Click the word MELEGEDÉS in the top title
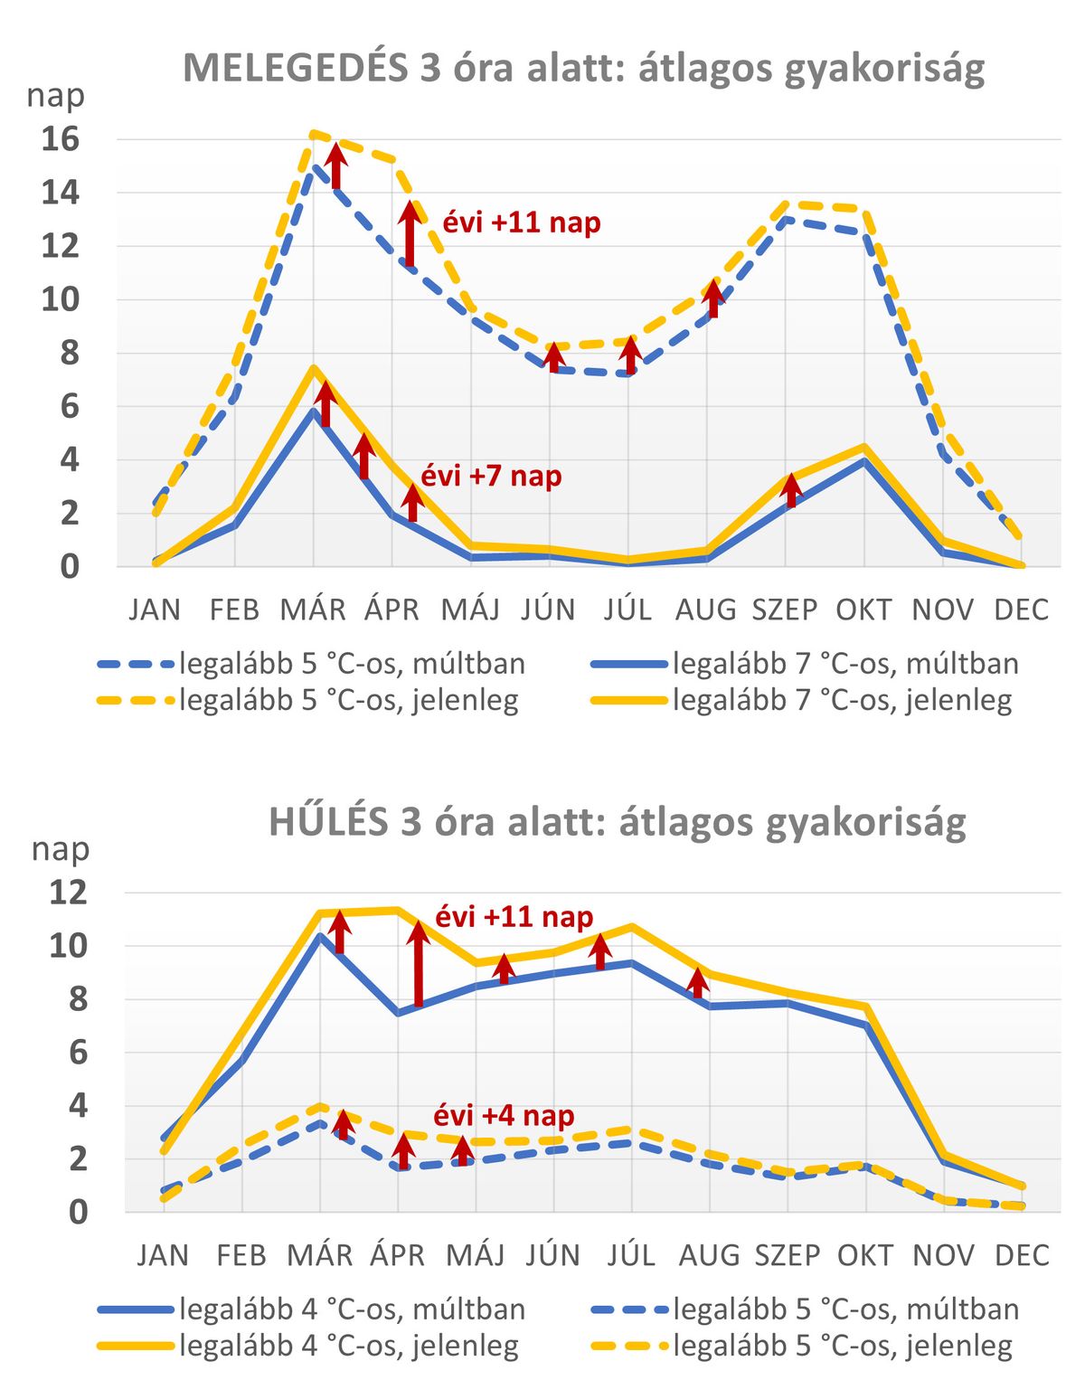(x=296, y=69)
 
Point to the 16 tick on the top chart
(x=61, y=139)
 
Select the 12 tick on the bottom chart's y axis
(x=68, y=893)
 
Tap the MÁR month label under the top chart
(x=313, y=610)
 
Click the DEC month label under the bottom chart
(x=1021, y=1255)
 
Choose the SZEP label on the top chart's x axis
(x=784, y=610)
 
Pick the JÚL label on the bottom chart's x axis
(x=631, y=1255)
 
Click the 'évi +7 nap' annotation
(x=491, y=477)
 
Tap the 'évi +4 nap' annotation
(x=504, y=1116)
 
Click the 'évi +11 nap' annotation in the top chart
(x=522, y=223)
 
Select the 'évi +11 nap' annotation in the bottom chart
(x=514, y=917)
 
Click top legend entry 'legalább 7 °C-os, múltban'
(x=806, y=665)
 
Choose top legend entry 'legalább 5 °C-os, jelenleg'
(x=308, y=700)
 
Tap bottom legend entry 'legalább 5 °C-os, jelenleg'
(x=802, y=1346)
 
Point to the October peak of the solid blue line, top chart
(x=865, y=460)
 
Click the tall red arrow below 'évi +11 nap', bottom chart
(x=419, y=964)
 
